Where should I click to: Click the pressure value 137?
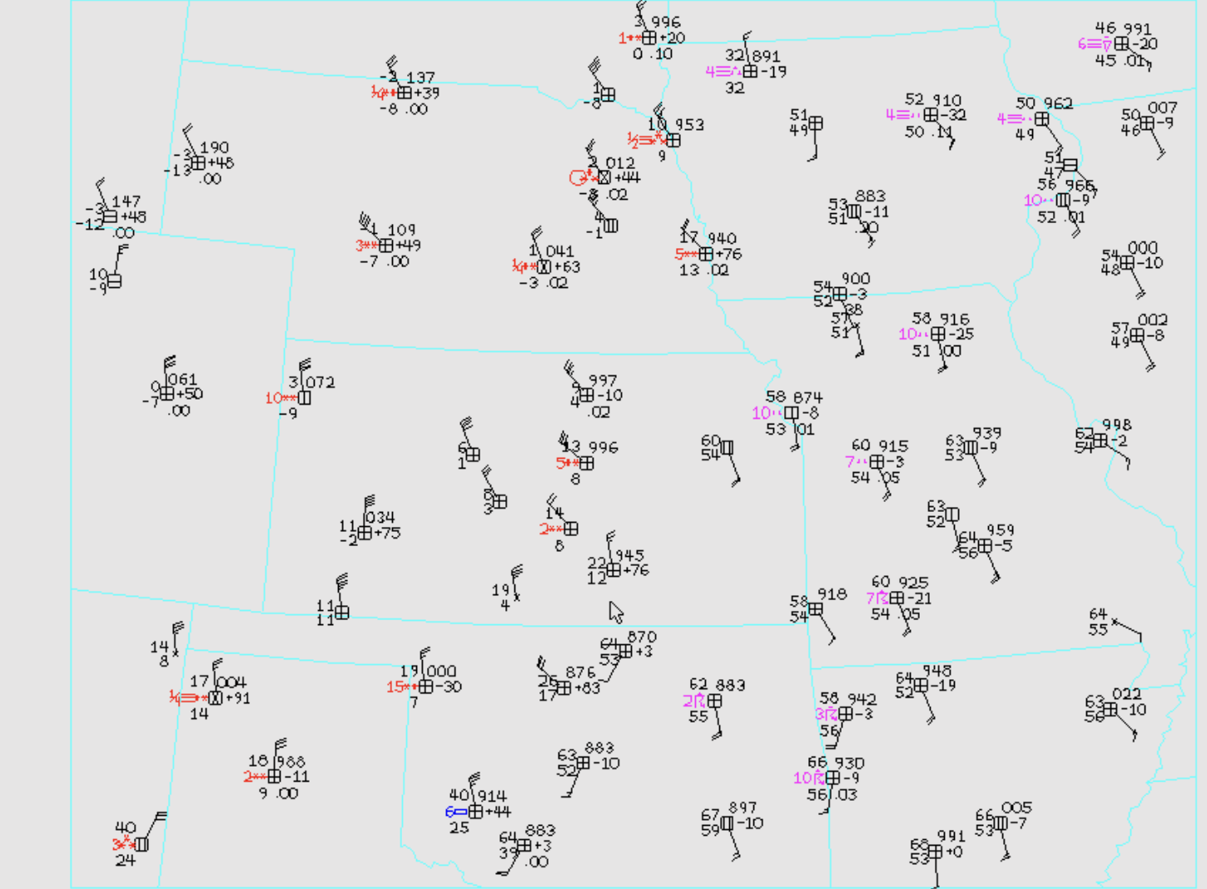421,77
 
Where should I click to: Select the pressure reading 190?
214,147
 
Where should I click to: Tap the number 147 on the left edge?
127,201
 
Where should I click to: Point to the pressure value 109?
401,230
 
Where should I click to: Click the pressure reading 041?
559,251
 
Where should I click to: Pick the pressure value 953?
689,125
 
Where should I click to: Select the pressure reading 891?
766,57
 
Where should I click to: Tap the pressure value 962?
1057,104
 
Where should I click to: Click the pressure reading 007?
1162,107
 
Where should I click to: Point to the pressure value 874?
807,397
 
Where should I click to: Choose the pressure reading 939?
986,433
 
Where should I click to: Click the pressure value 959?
1000,530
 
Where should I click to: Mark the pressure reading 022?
1126,693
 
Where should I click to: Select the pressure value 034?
380,518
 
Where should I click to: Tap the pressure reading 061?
182,380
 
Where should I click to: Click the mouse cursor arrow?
615,612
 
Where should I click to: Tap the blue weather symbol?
456,812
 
